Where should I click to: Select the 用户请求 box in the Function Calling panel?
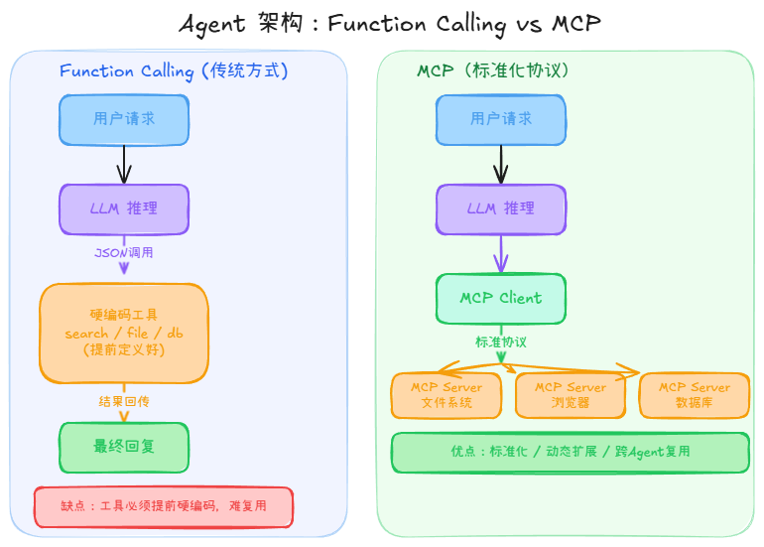(124, 119)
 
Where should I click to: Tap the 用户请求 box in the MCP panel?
(501, 119)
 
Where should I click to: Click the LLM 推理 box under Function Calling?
(124, 208)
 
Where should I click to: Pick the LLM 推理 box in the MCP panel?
(501, 208)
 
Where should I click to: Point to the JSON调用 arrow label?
(124, 252)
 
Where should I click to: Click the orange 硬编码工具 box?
(124, 333)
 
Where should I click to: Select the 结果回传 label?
(124, 401)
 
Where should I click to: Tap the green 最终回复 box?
(124, 447)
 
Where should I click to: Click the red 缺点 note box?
(164, 505)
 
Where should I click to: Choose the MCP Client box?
(501, 298)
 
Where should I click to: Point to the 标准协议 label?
(501, 342)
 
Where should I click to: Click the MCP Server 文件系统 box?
(446, 395)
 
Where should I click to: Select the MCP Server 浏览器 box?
(571, 395)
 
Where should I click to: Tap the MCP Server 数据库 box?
(695, 395)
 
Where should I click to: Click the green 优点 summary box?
(571, 452)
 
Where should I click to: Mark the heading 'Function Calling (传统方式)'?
(174, 71)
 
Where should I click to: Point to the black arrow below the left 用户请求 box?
(124, 164)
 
